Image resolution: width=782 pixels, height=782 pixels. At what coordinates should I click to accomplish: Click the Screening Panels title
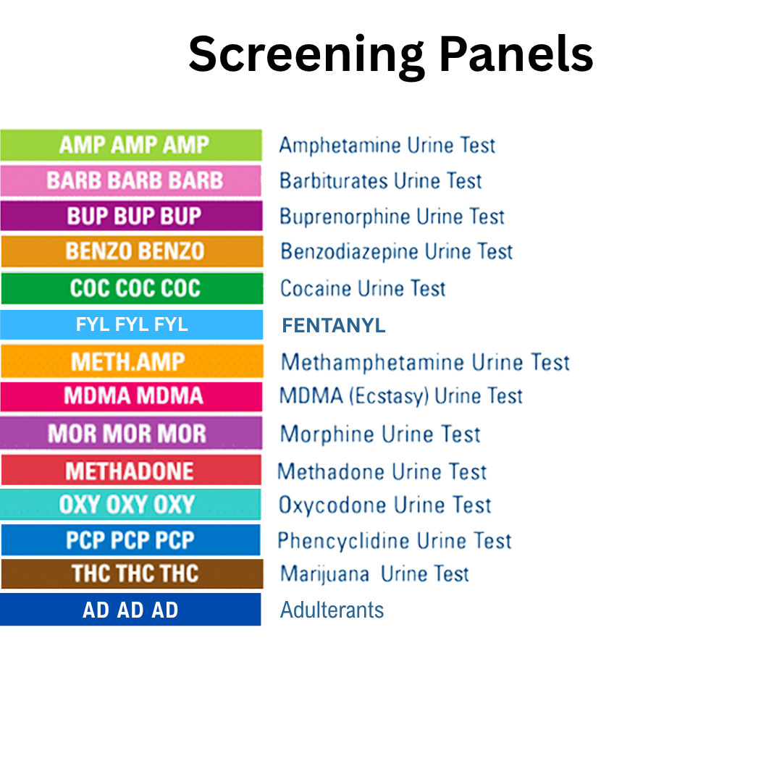[391, 55]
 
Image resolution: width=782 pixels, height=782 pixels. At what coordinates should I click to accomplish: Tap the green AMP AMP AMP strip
[131, 145]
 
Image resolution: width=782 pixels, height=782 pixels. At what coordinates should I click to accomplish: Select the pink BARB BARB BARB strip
[131, 180]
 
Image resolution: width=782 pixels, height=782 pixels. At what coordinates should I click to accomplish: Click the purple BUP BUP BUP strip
[131, 216]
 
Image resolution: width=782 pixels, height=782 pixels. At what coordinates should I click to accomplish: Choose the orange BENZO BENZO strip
[131, 251]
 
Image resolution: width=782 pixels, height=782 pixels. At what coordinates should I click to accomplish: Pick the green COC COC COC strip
[131, 288]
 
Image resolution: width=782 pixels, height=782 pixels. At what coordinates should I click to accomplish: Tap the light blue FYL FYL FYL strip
[131, 324]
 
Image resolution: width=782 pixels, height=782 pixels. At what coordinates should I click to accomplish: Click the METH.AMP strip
[131, 361]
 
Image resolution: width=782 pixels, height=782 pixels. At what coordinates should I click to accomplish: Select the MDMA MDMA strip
[131, 396]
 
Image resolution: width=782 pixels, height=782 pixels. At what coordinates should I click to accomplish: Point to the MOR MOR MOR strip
[131, 434]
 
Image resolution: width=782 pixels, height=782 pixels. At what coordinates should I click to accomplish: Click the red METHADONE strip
[131, 471]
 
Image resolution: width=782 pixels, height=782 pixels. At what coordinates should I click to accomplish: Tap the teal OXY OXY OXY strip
[131, 504]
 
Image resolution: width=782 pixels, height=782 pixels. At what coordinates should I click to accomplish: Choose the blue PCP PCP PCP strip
[131, 540]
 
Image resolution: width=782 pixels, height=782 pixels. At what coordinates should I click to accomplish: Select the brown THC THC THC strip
[131, 573]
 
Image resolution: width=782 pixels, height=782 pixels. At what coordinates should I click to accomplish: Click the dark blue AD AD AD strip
[131, 610]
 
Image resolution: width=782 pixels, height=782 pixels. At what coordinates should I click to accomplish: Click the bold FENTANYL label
[334, 326]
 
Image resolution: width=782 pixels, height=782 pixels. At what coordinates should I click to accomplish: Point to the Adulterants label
[332, 610]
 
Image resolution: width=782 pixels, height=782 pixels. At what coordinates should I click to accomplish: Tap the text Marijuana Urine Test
[374, 574]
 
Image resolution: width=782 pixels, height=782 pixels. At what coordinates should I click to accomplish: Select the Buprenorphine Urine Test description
[392, 216]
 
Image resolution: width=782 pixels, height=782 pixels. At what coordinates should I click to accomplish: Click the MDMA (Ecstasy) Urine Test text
[401, 396]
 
